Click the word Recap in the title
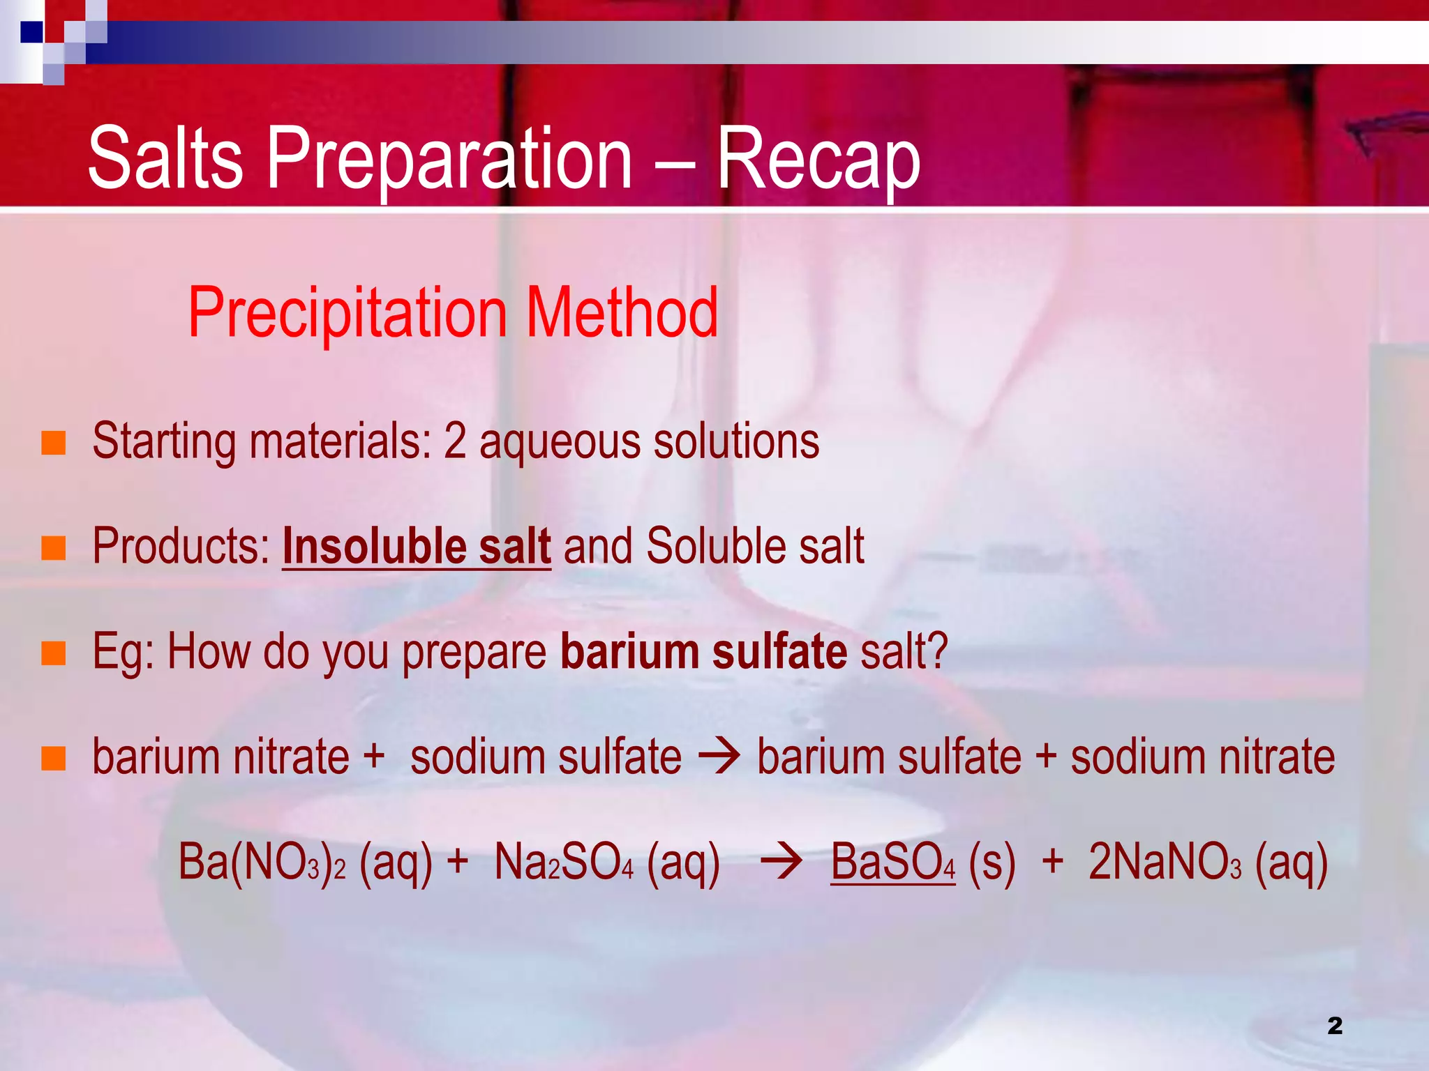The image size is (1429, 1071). tap(818, 159)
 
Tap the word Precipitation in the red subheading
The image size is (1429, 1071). tap(347, 313)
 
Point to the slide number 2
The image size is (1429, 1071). tap(1335, 1026)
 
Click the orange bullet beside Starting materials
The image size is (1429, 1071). tap(54, 443)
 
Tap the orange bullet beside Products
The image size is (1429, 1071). tap(54, 548)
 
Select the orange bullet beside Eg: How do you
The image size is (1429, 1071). tap(54, 653)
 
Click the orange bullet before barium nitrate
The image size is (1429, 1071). tap(54, 758)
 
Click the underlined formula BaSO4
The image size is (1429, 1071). tap(892, 863)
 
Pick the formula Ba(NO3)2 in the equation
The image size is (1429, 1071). tap(262, 863)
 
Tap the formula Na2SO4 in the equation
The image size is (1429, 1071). tap(564, 863)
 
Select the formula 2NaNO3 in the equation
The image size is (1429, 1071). tap(1165, 863)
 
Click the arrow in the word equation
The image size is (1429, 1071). tap(719, 757)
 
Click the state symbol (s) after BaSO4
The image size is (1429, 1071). tap(992, 863)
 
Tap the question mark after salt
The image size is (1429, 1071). tap(938, 652)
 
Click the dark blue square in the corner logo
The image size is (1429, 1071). tap(31, 32)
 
